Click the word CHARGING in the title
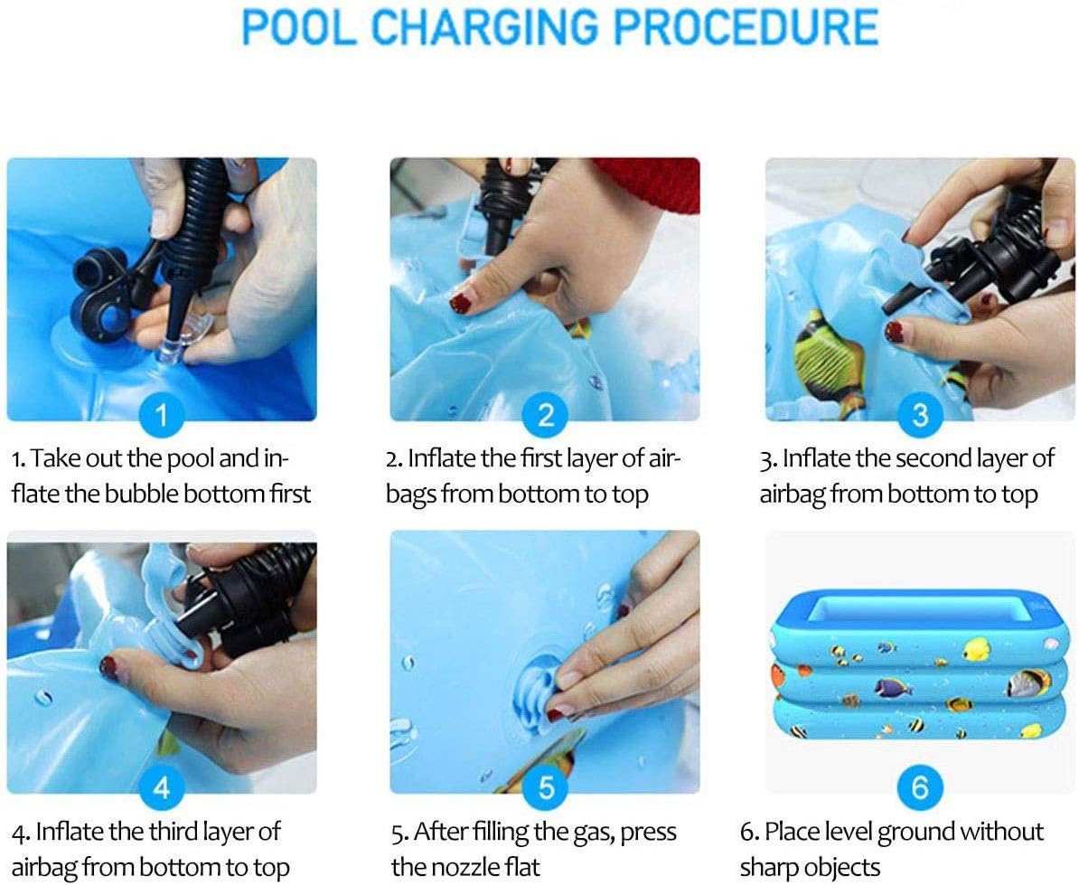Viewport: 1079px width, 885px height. (484, 26)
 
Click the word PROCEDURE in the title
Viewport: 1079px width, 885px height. (746, 26)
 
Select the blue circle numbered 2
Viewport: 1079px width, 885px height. (545, 415)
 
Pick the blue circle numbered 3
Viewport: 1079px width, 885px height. (920, 415)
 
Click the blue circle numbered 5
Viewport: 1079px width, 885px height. (545, 787)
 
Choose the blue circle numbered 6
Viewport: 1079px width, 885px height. (920, 787)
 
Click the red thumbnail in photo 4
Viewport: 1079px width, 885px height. (108, 667)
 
